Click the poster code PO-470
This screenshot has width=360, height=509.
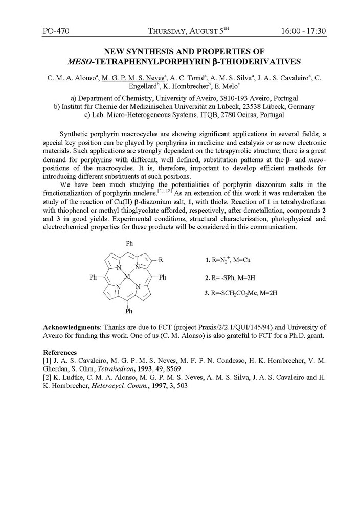click(56, 31)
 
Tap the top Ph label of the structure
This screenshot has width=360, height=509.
click(129, 243)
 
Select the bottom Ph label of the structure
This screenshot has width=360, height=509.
click(129, 311)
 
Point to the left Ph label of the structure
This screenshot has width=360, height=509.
click(94, 277)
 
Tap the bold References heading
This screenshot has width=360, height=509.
click(60, 353)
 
